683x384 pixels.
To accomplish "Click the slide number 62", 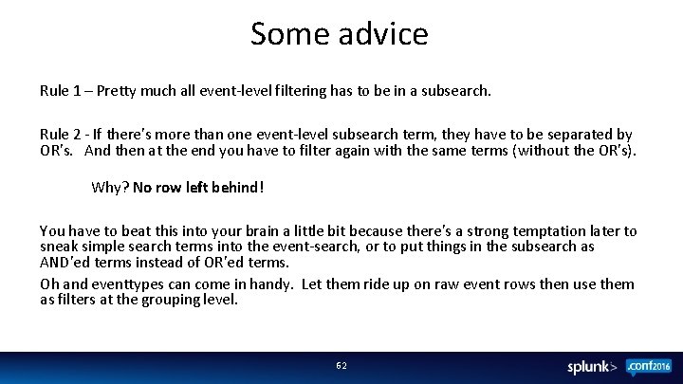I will (341, 365).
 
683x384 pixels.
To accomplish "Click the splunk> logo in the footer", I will (592, 366).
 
